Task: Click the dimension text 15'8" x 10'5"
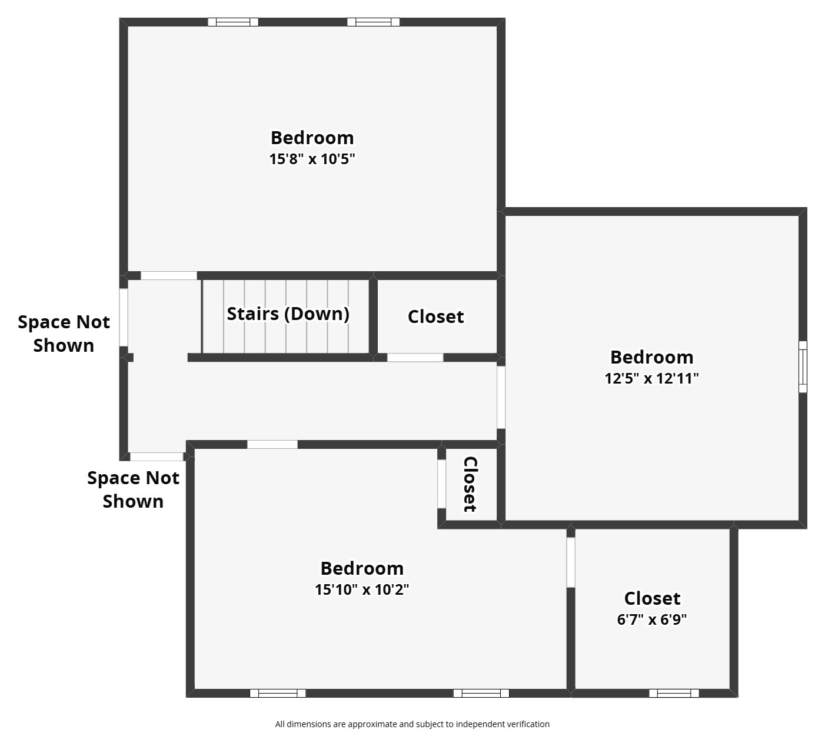pos(312,159)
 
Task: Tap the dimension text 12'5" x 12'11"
pos(651,378)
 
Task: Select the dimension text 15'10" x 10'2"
pos(361,589)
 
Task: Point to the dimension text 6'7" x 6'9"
pos(651,619)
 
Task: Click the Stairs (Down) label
pos(288,314)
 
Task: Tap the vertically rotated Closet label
pos(470,484)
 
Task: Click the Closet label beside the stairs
pos(435,316)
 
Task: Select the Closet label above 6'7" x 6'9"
pos(652,598)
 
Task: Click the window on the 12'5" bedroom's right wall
pos(803,367)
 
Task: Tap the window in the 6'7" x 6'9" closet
pos(674,693)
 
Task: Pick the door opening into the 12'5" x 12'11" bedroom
pos(501,398)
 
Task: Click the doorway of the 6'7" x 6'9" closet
pos(571,562)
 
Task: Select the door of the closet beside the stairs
pos(415,358)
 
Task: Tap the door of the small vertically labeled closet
pos(441,484)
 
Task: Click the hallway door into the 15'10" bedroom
pos(272,444)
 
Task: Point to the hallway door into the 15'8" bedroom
pos(168,275)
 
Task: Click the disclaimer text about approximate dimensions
pos(412,724)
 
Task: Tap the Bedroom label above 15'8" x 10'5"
pos(312,138)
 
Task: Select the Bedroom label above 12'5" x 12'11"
pos(651,357)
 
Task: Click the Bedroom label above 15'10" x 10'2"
pos(361,568)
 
